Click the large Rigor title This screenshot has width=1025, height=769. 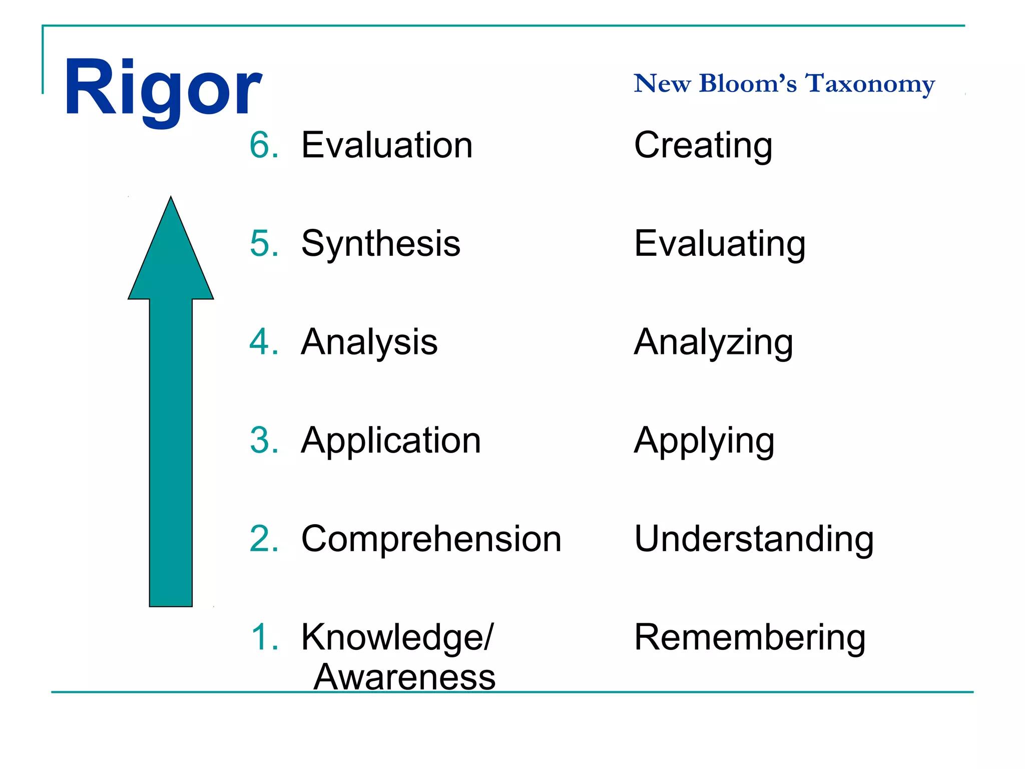(x=163, y=89)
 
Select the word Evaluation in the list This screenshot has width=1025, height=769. (x=386, y=145)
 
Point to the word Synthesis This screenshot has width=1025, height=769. (x=380, y=244)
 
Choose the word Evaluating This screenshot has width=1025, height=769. (x=719, y=244)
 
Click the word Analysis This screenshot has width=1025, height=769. (x=369, y=342)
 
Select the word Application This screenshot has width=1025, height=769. (x=390, y=441)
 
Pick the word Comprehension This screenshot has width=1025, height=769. (x=431, y=539)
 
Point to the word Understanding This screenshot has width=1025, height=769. (x=754, y=539)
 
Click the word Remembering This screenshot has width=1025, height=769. (x=749, y=637)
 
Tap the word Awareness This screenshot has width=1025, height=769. (x=404, y=677)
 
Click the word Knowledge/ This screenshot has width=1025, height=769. (x=397, y=638)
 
